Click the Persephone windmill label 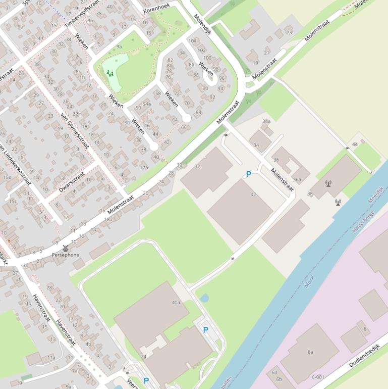(66, 255)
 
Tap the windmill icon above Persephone (65, 248)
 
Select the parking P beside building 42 (248, 174)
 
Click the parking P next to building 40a (205, 330)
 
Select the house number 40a (176, 303)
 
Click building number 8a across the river (310, 352)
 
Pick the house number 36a (297, 179)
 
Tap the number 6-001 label (318, 377)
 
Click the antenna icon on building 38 (328, 183)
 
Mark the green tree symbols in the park (109, 73)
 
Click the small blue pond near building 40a (204, 298)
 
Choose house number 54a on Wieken (146, 104)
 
